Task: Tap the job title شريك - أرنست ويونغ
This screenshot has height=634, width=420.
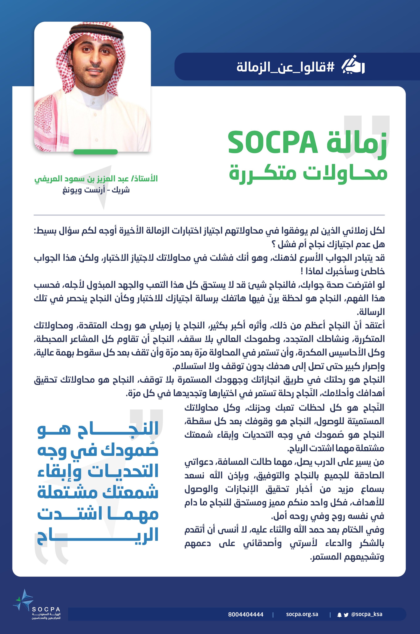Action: coord(96,190)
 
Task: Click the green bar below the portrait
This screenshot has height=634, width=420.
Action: coord(96,152)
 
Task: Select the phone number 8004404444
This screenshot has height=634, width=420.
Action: coord(246,614)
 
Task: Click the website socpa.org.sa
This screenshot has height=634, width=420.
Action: coord(302,614)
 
